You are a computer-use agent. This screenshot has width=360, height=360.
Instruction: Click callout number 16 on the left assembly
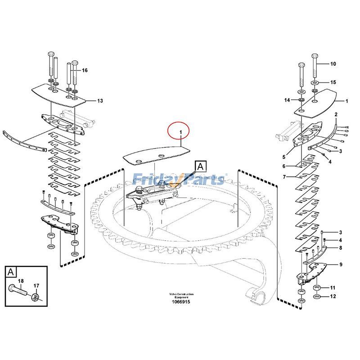click(85, 70)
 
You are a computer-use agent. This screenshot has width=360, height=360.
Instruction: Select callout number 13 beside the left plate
click(100, 101)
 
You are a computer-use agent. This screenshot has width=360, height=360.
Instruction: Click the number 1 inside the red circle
click(180, 132)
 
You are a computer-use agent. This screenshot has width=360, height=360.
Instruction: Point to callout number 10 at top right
click(333, 64)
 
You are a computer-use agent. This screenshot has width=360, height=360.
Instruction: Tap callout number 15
click(333, 82)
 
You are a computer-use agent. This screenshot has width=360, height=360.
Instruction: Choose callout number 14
click(287, 100)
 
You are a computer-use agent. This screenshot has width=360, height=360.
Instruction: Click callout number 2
click(336, 116)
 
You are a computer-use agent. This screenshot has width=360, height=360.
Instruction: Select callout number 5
click(284, 157)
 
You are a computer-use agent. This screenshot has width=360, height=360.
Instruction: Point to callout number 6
click(284, 166)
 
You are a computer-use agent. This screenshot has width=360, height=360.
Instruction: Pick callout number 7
click(284, 177)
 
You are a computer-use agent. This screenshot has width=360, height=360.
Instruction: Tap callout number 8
click(340, 247)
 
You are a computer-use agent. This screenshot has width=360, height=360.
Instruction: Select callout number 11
click(333, 288)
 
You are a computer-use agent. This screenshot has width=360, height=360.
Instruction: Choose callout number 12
click(333, 296)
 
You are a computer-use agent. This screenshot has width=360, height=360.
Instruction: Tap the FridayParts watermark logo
click(180, 180)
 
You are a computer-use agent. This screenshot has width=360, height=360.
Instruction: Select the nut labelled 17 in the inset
click(35, 297)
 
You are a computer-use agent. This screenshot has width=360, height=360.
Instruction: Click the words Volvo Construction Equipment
click(182, 295)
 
